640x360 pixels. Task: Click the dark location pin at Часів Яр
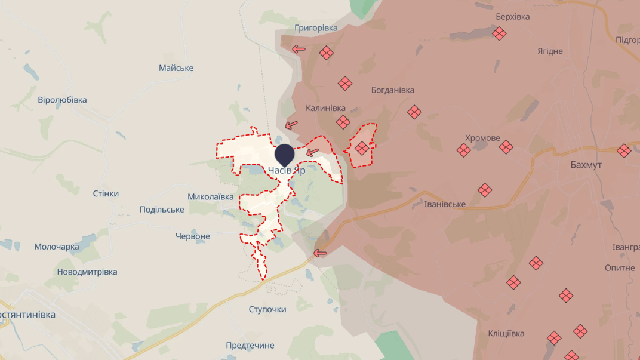click(x=284, y=154)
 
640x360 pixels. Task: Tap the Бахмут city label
click(x=585, y=164)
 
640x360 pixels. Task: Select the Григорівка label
click(x=316, y=28)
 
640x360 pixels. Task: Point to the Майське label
click(x=176, y=68)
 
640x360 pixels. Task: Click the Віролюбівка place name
click(x=62, y=100)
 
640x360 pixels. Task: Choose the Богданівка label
click(x=392, y=90)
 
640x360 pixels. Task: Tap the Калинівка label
click(x=325, y=108)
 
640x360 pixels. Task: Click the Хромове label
click(x=482, y=138)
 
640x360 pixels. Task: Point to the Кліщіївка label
click(x=506, y=333)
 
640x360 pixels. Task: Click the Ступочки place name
click(x=267, y=309)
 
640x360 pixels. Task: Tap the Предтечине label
click(x=250, y=345)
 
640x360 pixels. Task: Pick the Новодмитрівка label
click(x=87, y=272)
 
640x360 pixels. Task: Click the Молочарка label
click(x=57, y=247)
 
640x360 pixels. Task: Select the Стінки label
click(x=106, y=193)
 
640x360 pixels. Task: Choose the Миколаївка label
click(x=211, y=196)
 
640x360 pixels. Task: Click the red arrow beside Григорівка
click(x=299, y=49)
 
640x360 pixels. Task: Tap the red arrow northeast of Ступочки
click(x=321, y=253)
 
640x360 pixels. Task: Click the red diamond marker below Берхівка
click(x=499, y=33)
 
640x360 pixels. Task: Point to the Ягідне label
click(x=549, y=51)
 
